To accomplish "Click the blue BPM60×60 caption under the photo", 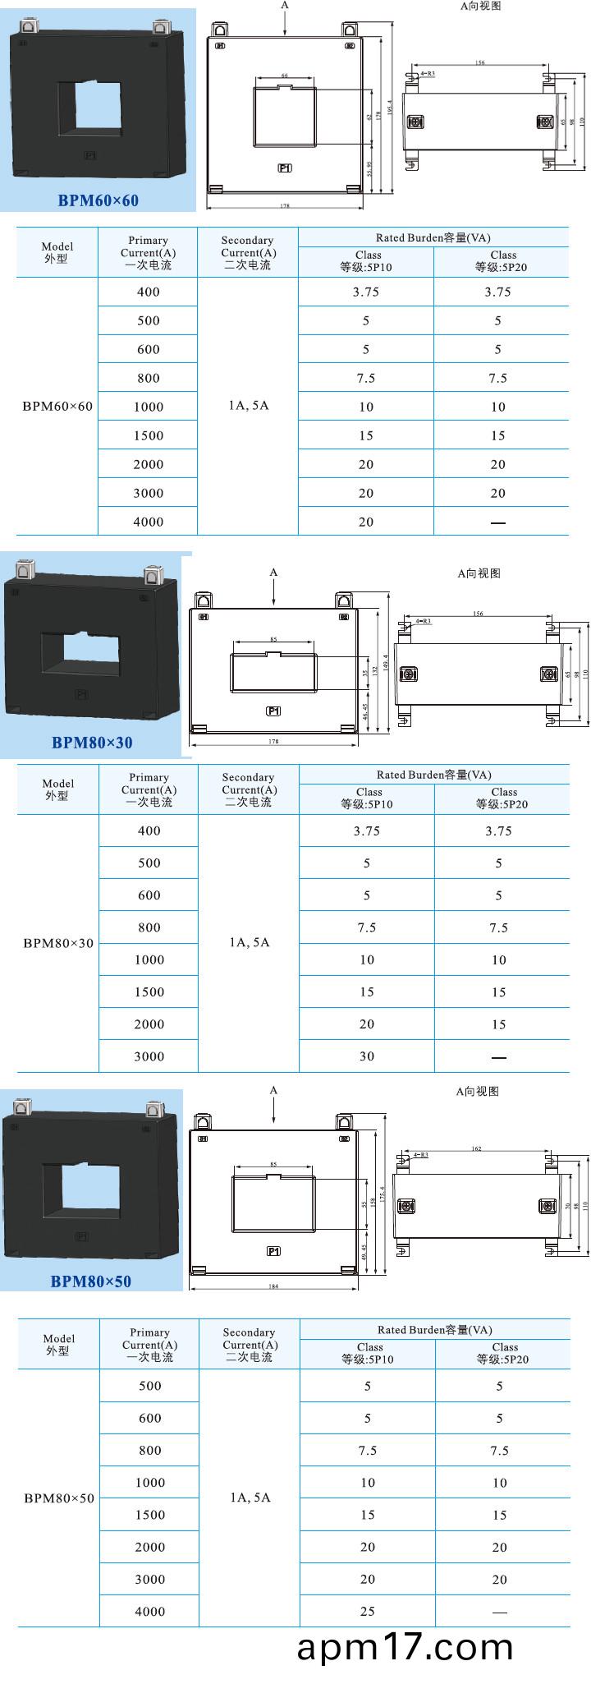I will tap(98, 200).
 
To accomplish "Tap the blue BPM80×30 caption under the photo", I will tap(92, 743).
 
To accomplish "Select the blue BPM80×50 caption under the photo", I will tap(90, 1281).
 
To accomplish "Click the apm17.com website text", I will tap(405, 1648).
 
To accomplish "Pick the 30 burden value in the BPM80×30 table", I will tap(367, 1056).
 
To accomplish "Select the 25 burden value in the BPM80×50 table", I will tap(368, 1612).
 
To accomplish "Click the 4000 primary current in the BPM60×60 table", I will tap(149, 522).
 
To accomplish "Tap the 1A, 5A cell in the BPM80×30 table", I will tap(250, 942).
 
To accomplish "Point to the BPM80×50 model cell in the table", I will tap(59, 1498).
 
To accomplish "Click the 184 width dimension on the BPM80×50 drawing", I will tap(273, 1286).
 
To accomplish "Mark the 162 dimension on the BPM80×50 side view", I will tap(477, 1149).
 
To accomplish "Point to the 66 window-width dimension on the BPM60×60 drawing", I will tap(285, 76).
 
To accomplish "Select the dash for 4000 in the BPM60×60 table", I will tap(498, 522).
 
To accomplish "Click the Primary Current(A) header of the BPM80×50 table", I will tap(149, 1344).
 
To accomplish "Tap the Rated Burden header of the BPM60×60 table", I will tap(433, 237).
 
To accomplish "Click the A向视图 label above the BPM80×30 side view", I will tap(479, 573).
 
